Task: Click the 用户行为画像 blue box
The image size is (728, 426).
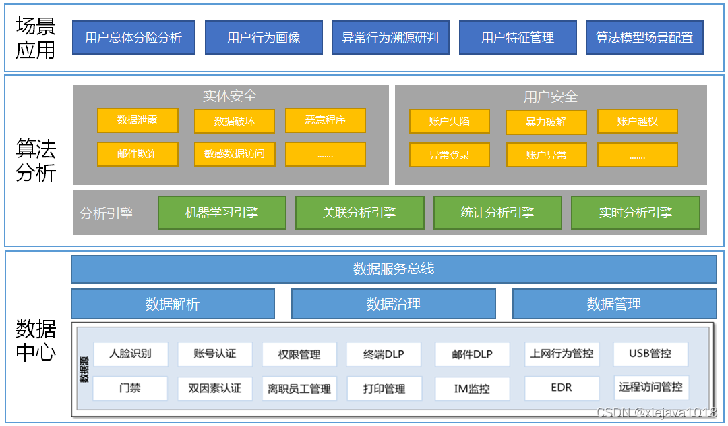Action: [264, 38]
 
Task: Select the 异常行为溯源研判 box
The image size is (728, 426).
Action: [390, 38]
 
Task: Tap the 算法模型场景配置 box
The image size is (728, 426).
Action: [644, 38]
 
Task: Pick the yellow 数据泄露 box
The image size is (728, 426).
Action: [138, 120]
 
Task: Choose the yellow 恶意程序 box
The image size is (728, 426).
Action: [326, 120]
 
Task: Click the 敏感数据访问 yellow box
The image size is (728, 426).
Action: [235, 154]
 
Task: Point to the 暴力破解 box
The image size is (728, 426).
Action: [546, 122]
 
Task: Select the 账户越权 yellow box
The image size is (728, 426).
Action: [637, 122]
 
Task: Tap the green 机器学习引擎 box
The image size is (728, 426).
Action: [222, 213]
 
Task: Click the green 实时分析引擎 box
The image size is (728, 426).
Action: [635, 213]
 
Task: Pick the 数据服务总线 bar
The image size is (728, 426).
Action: [394, 269]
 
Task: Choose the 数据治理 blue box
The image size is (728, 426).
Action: [394, 304]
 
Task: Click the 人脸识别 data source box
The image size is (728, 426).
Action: [130, 354]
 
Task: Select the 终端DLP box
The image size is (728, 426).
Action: [384, 354]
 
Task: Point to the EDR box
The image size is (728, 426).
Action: [562, 388]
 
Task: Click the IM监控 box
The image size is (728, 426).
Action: [472, 389]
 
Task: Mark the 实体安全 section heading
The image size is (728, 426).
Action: [230, 97]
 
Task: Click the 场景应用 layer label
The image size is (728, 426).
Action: [36, 38]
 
